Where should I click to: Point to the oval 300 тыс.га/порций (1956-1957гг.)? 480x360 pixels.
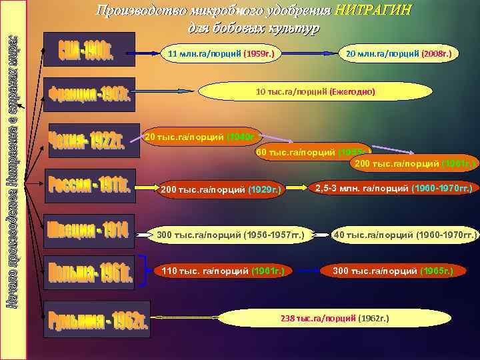point(230,235)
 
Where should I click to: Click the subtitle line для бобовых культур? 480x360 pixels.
point(253,28)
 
